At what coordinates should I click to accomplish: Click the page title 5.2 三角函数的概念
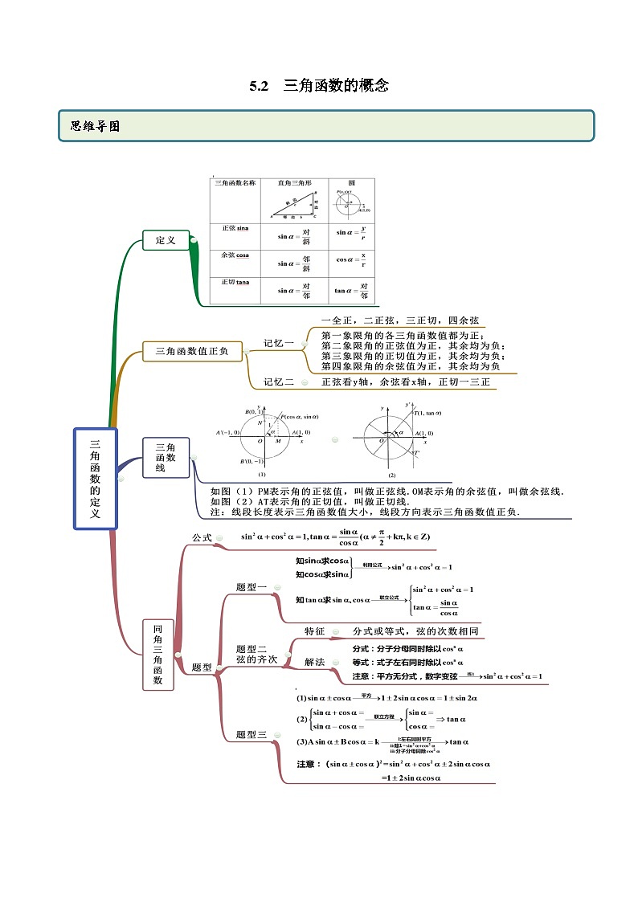[319, 85]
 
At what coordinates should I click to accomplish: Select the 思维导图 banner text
[95, 126]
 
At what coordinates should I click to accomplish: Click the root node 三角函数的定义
[95, 478]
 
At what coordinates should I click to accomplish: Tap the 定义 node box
[166, 239]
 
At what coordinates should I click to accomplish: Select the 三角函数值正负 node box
[191, 350]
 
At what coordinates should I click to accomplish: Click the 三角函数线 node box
[166, 458]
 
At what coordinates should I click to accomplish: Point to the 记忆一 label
[279, 343]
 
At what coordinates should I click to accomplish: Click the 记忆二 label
[279, 382]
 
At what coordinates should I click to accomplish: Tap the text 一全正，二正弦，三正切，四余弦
[399, 320]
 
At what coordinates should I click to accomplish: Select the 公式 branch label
[202, 537]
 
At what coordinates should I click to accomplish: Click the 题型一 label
[252, 587]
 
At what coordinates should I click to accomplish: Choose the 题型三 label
[252, 734]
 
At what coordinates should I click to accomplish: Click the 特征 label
[314, 631]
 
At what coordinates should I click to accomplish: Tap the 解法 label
[314, 662]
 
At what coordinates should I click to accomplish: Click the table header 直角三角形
[294, 183]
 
